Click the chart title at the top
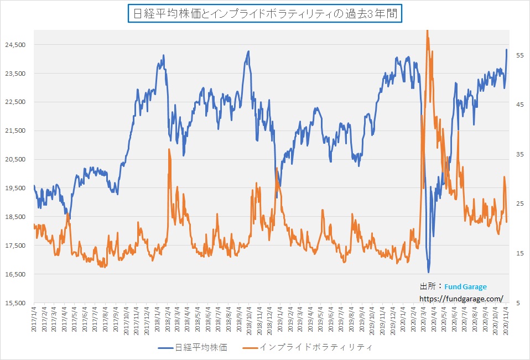click(x=264, y=14)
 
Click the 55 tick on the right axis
click(x=519, y=55)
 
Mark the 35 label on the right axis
click(x=519, y=154)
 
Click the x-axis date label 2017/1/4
click(x=34, y=320)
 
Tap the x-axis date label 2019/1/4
click(x=279, y=320)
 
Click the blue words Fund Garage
click(x=465, y=287)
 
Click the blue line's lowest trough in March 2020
click(x=428, y=272)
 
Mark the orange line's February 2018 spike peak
click(x=169, y=149)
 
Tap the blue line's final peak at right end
click(x=506, y=49)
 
